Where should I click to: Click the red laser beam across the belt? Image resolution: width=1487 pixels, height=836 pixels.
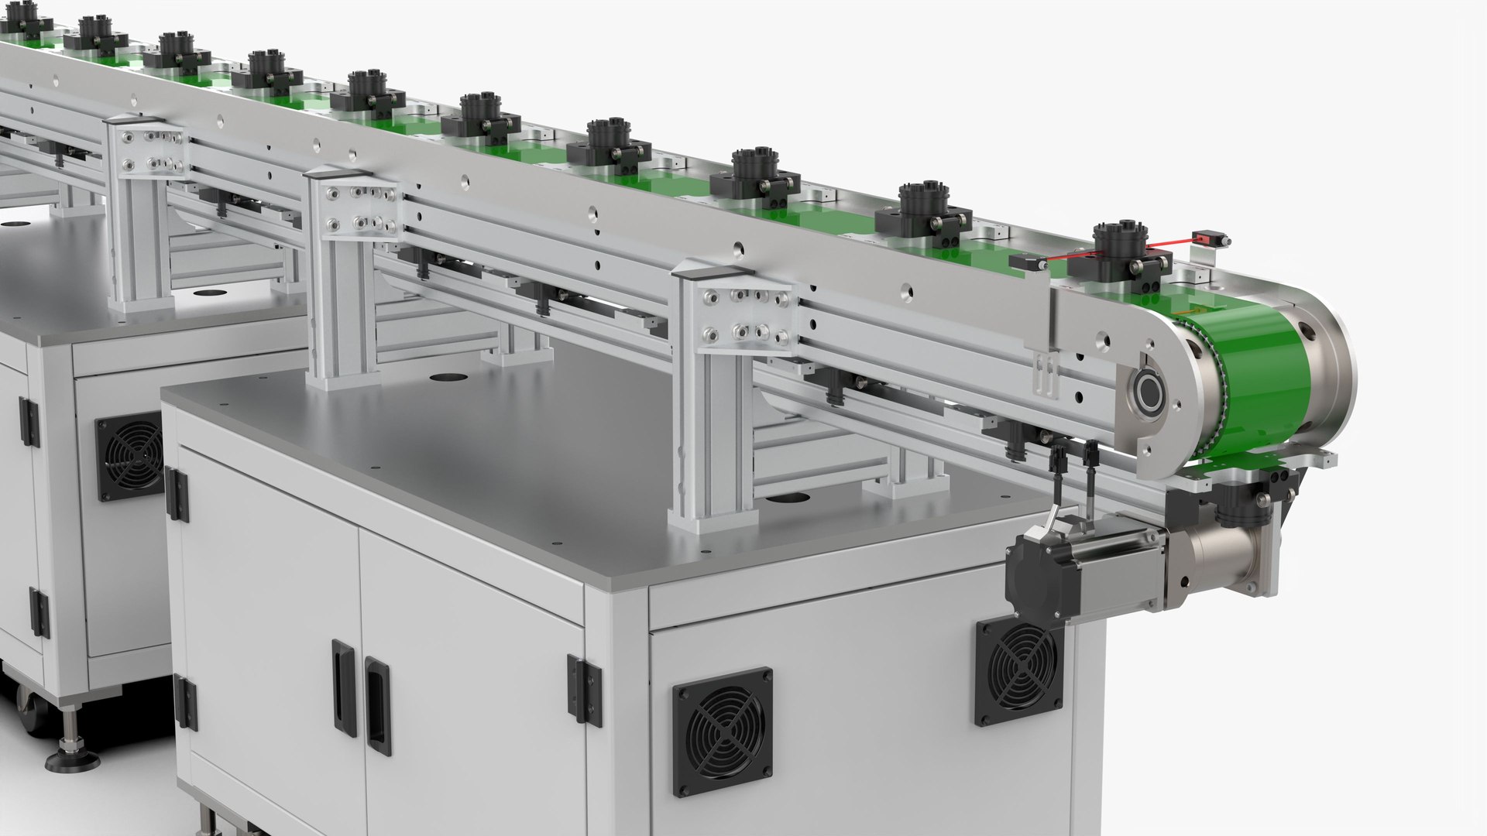[1084, 255]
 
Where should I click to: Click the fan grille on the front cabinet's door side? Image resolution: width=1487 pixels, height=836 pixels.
[722, 731]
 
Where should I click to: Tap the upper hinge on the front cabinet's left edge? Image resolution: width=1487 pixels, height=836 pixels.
[177, 493]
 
